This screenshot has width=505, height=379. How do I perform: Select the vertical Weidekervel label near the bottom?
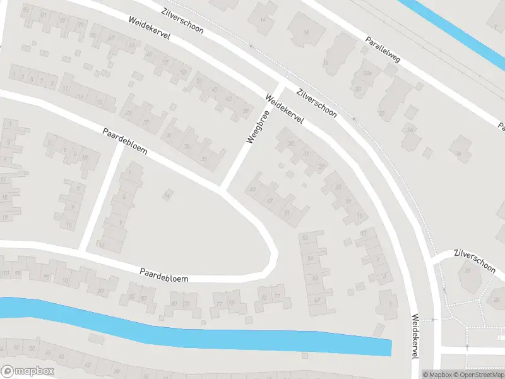[415, 336]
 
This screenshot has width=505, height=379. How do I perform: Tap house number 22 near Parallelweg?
[381, 114]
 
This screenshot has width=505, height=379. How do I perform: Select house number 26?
[468, 270]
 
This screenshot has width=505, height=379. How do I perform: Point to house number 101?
[6, 274]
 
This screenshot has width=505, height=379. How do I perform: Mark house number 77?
[220, 304]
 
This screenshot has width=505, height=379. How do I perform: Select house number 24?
[411, 130]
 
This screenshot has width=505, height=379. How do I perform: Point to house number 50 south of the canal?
[32, 348]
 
